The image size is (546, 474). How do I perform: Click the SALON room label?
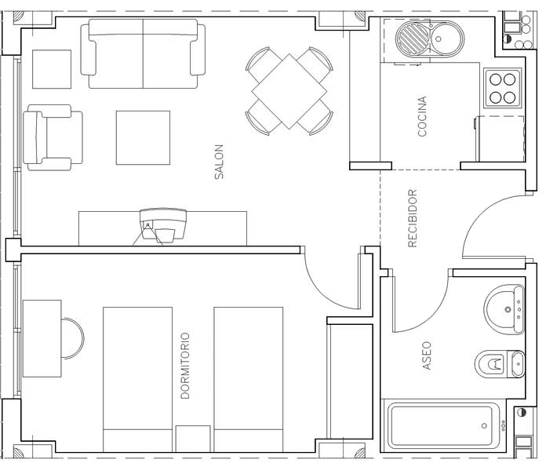click(x=219, y=162)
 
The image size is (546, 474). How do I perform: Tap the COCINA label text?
click(x=422, y=116)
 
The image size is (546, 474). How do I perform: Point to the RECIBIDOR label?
click(x=413, y=218)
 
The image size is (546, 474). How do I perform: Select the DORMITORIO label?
click(x=185, y=366)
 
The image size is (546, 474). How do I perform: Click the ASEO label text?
click(x=427, y=355)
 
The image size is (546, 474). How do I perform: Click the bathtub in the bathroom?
click(x=444, y=426)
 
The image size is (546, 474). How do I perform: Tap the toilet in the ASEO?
click(x=500, y=364)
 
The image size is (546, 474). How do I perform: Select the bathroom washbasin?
click(x=504, y=309)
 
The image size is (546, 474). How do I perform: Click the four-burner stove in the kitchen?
click(x=503, y=89)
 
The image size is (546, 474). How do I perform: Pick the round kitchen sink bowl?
click(x=446, y=38)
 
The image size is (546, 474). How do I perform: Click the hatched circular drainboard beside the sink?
click(x=413, y=38)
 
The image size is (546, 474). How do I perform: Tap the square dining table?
click(x=289, y=92)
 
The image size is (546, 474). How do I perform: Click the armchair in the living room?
click(x=53, y=137)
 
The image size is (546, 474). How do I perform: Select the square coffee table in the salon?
click(x=143, y=137)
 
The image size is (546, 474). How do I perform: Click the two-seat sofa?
click(x=143, y=53)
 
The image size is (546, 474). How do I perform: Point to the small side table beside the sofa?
click(x=52, y=69)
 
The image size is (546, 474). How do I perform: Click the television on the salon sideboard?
click(x=163, y=224)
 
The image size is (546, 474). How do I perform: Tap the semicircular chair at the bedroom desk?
click(x=73, y=338)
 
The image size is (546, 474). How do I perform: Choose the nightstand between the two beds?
click(x=193, y=439)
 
